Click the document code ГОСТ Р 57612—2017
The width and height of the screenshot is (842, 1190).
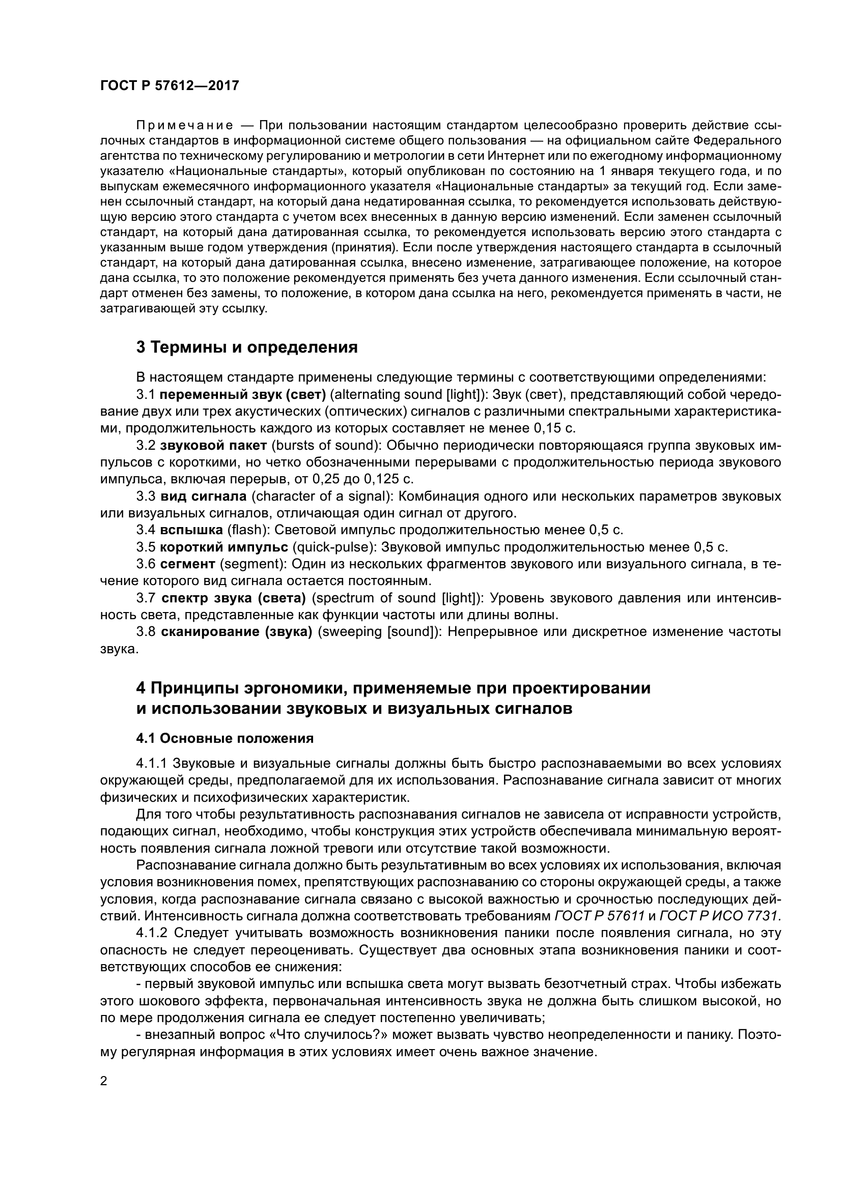(170, 85)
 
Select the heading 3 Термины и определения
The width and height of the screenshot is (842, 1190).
(247, 347)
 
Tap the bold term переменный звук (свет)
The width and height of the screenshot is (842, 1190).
(243, 395)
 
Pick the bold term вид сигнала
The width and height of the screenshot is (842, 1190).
(204, 497)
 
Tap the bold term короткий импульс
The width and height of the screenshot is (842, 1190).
(224, 547)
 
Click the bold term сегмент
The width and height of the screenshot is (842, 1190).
(188, 564)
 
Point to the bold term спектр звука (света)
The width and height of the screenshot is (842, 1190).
(234, 598)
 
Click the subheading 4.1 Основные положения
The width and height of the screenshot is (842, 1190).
(225, 739)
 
